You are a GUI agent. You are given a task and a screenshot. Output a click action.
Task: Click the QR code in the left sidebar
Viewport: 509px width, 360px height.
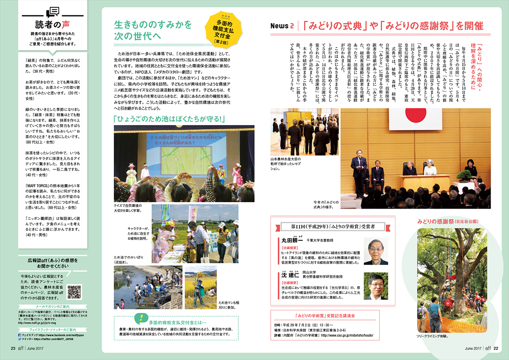[x=74, y=292]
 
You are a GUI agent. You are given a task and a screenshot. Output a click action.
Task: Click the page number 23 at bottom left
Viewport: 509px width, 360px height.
[x=13, y=348]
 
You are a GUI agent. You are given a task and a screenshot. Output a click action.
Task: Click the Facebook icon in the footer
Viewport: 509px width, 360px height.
[x=20, y=335]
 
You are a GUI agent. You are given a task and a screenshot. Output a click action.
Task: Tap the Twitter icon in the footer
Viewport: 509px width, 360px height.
[x=20, y=339]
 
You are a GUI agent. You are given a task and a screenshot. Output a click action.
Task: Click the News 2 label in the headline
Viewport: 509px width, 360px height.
[x=282, y=26]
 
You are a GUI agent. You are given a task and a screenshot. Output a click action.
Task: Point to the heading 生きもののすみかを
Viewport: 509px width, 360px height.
[x=153, y=24]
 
